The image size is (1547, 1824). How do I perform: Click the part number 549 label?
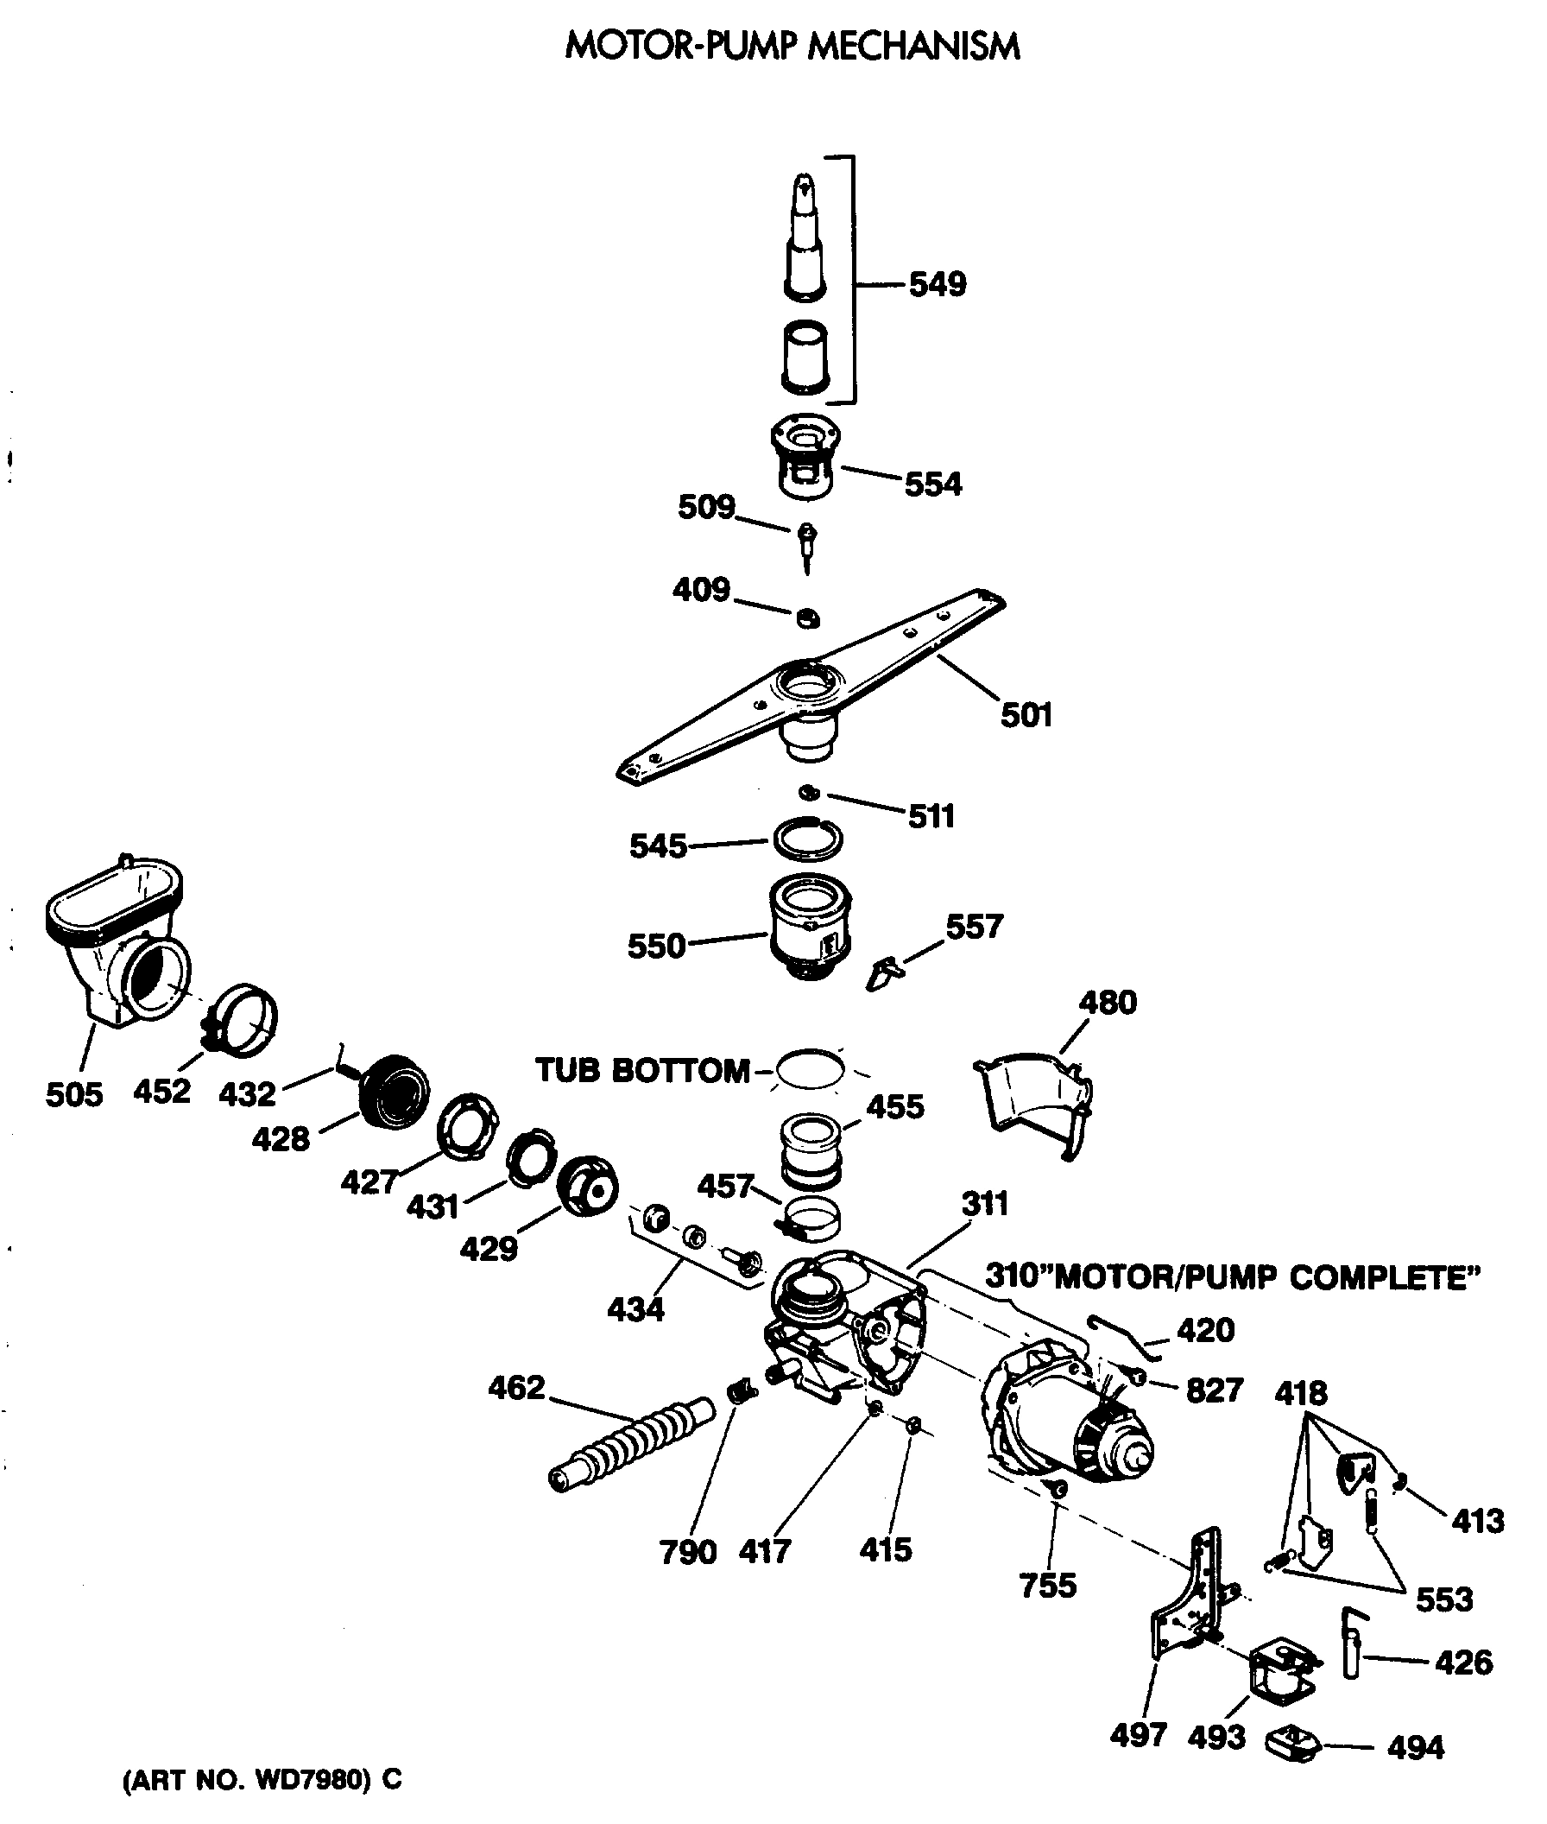coord(937,285)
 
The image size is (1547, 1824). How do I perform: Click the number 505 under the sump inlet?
coord(73,1094)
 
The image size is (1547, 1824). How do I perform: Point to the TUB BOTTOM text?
coord(642,1070)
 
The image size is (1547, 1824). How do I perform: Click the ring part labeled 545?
coord(808,839)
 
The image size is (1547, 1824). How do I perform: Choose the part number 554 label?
coord(933,484)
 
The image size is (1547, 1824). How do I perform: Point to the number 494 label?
coord(1416,1748)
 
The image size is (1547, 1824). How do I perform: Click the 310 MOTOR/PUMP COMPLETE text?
coord(1231,1277)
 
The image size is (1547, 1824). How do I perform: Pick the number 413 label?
coord(1478,1521)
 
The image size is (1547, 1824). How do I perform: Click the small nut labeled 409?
coord(807,618)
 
